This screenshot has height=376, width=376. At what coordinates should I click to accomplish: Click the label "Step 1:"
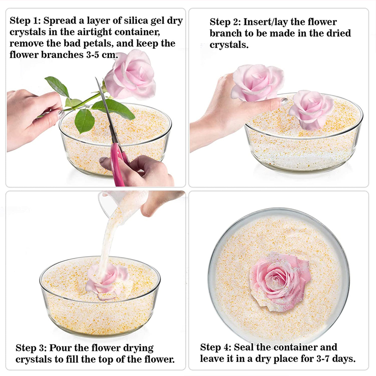tap(25, 21)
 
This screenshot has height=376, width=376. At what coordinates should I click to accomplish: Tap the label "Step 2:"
tap(225, 22)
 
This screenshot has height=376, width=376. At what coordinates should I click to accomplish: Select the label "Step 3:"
tap(31, 348)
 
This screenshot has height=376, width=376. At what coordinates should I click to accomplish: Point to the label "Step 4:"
tap(215, 347)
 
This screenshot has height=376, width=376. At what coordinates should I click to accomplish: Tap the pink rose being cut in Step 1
tap(131, 75)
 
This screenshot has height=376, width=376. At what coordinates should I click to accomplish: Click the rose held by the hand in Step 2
tap(257, 82)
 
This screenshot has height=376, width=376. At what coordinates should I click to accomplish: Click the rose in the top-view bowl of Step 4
tap(281, 279)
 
